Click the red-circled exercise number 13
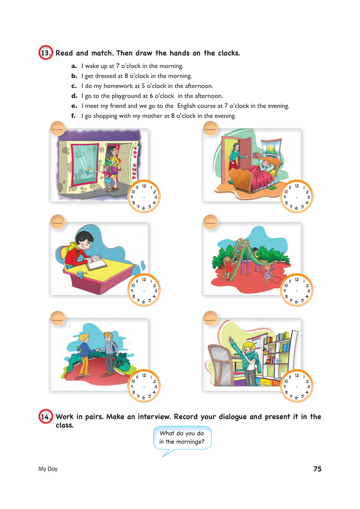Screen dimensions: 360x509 pos(46,53)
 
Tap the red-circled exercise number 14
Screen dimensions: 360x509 pos(46,417)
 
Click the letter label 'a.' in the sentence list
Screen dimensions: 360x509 pos(74,66)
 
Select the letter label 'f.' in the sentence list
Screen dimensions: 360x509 pos(73,116)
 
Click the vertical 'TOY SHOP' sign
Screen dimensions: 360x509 pos(135,162)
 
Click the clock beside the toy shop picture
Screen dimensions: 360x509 pos(144,196)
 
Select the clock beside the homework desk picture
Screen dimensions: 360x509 pos(144,290)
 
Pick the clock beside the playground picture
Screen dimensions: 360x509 pos(297,290)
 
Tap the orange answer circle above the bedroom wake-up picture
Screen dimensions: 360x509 pos(210,128)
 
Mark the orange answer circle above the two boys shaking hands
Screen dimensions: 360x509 pos(57,318)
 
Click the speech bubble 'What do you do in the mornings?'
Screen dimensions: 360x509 pos(182,438)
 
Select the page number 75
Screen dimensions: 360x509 pos(317,469)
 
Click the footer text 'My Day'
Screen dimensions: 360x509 pos(48,469)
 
